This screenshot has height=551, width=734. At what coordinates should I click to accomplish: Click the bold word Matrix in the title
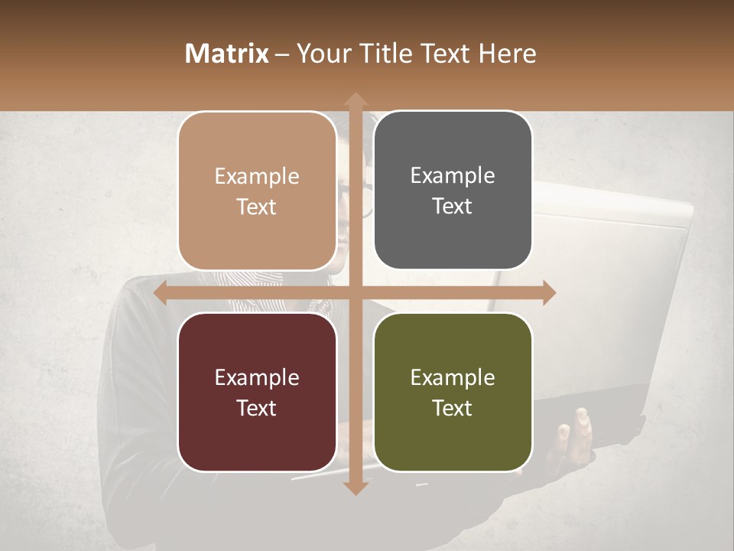coord(227,54)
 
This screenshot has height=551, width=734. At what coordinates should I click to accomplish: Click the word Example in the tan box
coord(257,176)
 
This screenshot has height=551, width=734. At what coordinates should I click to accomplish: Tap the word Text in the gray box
coord(453,206)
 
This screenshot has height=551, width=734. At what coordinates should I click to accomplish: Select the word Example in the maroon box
coord(257,377)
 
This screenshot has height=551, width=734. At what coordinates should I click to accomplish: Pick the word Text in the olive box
coord(453,408)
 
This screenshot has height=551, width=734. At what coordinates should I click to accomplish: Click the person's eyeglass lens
coord(366,201)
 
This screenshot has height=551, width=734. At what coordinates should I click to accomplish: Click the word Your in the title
coord(321,54)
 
